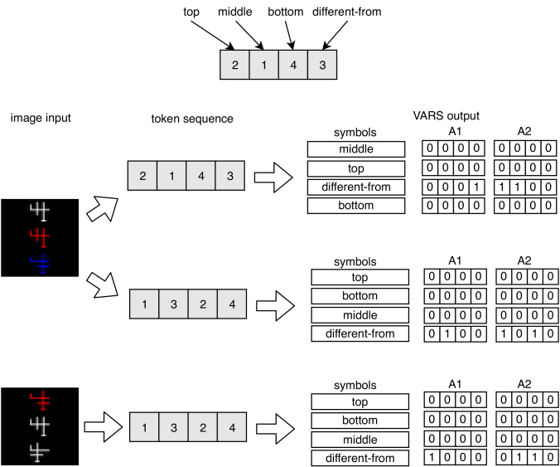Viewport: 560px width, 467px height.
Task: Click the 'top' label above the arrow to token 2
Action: (191, 12)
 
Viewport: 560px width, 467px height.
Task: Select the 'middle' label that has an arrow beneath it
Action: (234, 12)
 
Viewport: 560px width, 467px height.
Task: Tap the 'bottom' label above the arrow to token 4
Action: (285, 12)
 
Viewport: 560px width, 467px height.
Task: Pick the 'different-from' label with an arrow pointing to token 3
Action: (347, 12)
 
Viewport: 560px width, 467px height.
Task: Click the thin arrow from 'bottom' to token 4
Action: (289, 35)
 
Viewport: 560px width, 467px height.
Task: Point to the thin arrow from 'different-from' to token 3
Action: (335, 35)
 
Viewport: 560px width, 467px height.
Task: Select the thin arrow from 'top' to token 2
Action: (213, 35)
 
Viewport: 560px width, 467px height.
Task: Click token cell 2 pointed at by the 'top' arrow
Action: (234, 65)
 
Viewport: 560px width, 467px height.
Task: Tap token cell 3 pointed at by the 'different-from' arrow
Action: (322, 65)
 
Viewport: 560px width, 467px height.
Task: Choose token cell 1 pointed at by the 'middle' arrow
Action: (264, 65)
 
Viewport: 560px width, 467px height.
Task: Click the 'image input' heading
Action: (41, 118)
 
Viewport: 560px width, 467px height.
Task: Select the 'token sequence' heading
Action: (192, 119)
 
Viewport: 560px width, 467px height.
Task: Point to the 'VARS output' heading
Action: (446, 116)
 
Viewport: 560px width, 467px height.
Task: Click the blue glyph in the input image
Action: (41, 264)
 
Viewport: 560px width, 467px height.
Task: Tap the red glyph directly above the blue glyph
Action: (40, 237)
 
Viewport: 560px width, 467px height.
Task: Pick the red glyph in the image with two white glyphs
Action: (40, 400)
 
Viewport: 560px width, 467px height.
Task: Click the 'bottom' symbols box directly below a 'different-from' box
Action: (356, 206)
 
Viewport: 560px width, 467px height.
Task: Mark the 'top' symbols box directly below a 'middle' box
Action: (356, 168)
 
